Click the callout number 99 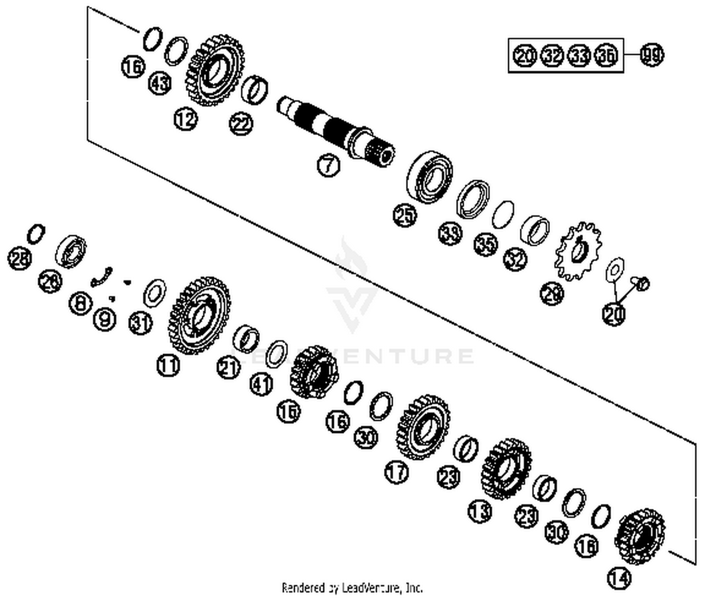point(653,55)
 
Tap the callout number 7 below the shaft point(328,165)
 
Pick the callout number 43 point(160,84)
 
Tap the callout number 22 point(241,124)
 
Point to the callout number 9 point(104,320)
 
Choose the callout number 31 point(141,323)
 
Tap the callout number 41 point(262,385)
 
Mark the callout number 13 point(480,510)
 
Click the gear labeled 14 point(641,537)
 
